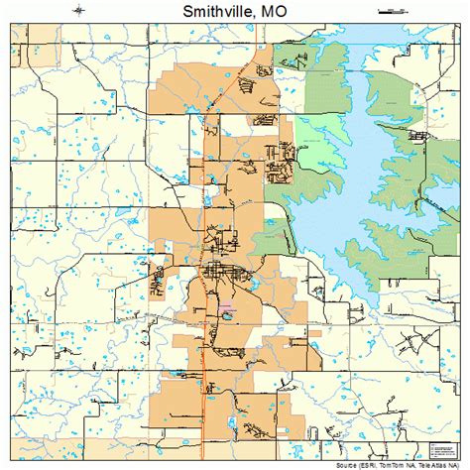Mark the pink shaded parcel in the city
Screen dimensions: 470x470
(228, 315)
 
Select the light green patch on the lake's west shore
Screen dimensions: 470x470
(274, 238)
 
